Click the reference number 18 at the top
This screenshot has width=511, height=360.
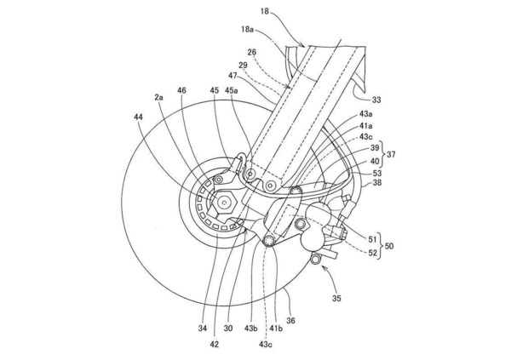[265, 11]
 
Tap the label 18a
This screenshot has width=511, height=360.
[247, 29]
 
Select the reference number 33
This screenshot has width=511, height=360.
[376, 100]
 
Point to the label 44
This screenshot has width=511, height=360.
[138, 117]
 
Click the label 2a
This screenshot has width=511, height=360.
[158, 97]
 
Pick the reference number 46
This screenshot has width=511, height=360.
[181, 90]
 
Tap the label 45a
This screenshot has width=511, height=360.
[232, 90]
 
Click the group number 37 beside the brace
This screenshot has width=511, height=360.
[391, 154]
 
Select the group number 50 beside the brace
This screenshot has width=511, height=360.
[389, 246]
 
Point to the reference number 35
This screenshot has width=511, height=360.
[336, 298]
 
